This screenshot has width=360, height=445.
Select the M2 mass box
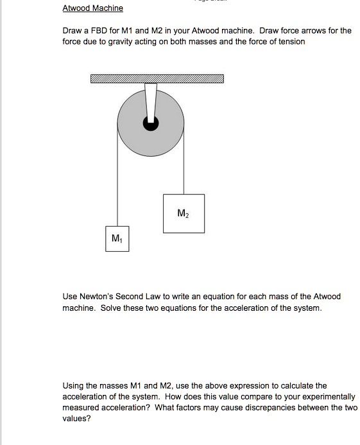point(184,213)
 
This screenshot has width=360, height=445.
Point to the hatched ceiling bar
point(157,79)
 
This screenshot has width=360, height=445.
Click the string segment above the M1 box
point(117,186)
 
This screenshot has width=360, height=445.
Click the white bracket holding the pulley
point(151,100)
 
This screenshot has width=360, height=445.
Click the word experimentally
point(326,397)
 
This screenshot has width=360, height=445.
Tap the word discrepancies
point(279,408)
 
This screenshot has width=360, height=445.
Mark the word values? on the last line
point(76,419)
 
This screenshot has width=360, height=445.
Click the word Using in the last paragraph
point(73,386)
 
